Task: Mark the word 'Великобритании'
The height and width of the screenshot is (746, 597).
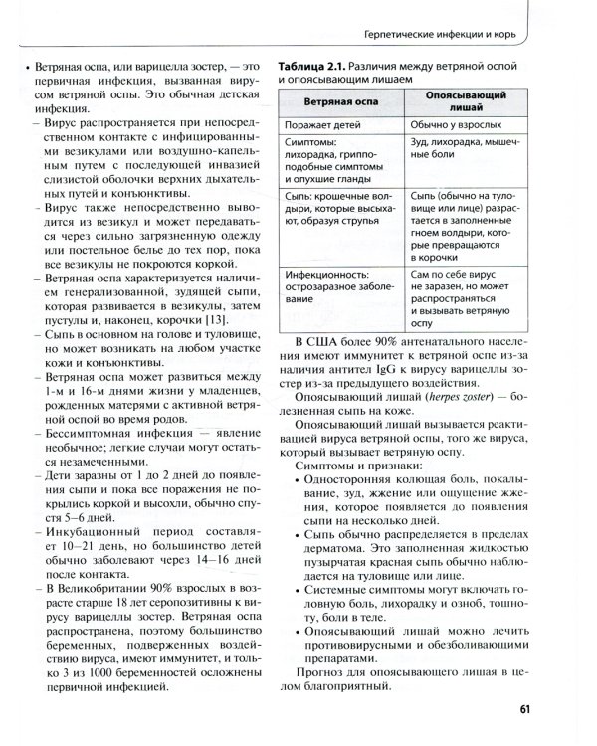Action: (102, 587)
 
